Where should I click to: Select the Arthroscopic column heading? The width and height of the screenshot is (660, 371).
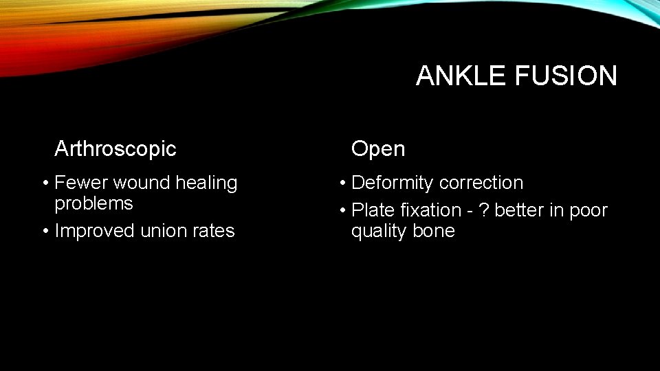(115, 148)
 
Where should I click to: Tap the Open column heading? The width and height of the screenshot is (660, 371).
(378, 148)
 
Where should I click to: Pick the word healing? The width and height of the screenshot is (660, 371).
(206, 183)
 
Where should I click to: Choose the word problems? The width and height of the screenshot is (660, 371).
(93, 204)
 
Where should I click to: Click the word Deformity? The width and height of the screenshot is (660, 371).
(393, 183)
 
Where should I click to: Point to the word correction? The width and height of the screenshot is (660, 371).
(481, 183)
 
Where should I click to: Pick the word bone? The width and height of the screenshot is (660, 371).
(434, 231)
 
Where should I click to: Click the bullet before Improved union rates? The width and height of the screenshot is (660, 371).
(45, 231)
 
